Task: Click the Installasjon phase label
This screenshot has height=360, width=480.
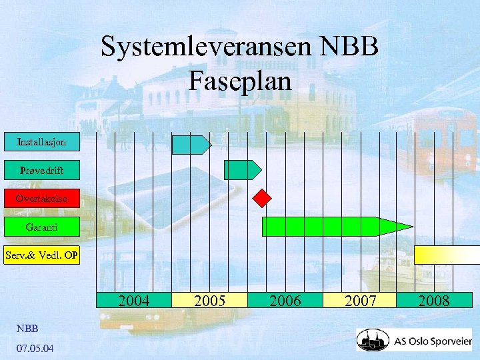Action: coord(41,142)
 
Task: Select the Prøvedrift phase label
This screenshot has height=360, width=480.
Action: coord(41,171)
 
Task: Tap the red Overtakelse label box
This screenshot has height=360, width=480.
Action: coord(41,199)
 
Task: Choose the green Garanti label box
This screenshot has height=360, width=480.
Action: coord(41,227)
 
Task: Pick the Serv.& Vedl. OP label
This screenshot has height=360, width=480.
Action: coord(41,255)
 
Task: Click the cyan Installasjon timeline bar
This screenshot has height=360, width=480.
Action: coord(191,145)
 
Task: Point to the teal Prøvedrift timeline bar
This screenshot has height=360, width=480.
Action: coord(241,170)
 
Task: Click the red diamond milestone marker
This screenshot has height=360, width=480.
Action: coord(263,198)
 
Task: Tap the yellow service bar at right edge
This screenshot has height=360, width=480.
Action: coord(447,255)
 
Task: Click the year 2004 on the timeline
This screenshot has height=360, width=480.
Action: coord(133,301)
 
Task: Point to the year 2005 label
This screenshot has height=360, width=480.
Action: coord(209,301)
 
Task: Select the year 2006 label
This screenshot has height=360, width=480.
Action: coord(285,301)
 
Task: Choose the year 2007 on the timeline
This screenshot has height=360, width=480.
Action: coord(361,301)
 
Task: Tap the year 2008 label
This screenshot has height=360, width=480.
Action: coord(434,301)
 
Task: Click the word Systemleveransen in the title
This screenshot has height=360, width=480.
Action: coord(208,47)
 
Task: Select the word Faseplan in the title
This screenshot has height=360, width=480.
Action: coord(240,81)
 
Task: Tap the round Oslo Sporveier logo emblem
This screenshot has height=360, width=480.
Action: coord(372,341)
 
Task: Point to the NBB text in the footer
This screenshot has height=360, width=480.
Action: coord(27,329)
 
